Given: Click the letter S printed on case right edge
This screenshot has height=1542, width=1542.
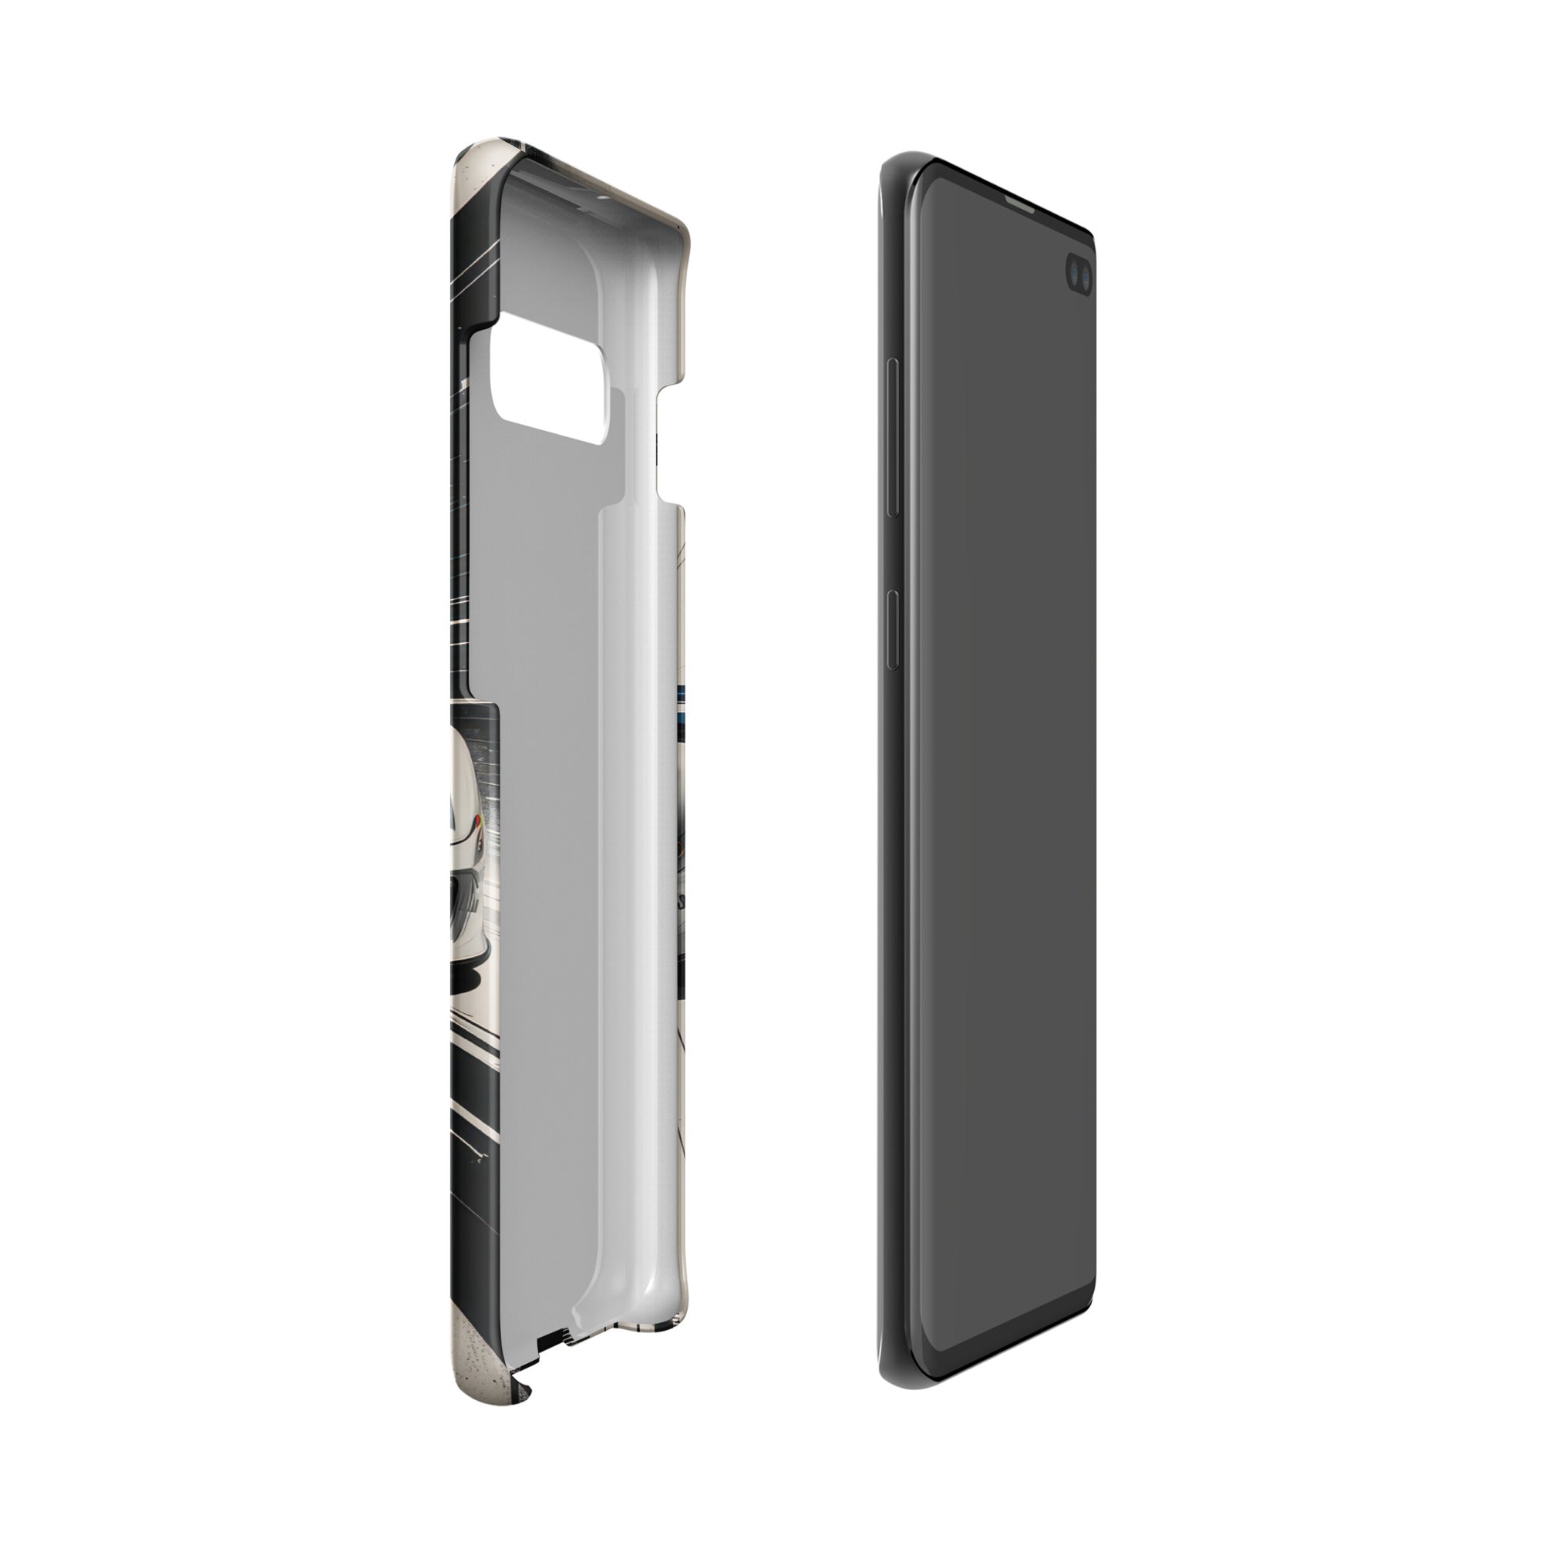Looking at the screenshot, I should pyautogui.click(x=680, y=902).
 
